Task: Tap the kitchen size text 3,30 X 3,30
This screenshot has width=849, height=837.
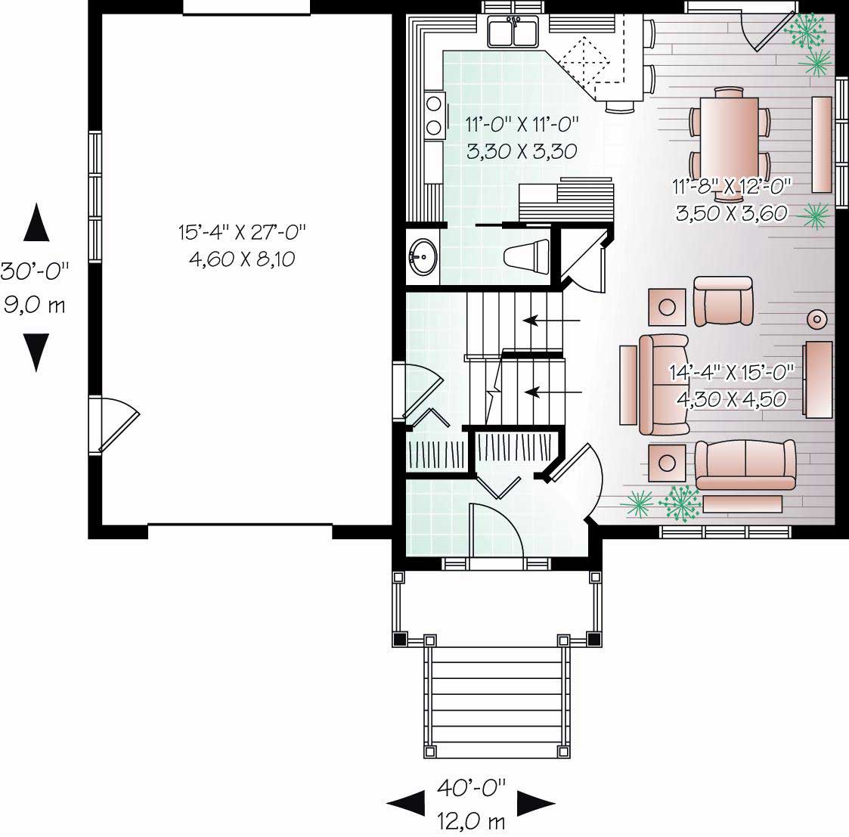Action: click(x=522, y=151)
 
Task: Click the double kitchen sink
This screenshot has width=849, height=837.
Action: click(x=513, y=33)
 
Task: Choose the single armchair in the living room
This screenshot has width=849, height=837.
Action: click(x=724, y=300)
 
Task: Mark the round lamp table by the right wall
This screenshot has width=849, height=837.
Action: click(x=816, y=319)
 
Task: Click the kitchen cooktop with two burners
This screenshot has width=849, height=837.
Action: click(x=435, y=115)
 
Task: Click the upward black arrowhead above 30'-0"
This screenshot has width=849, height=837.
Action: click(x=36, y=221)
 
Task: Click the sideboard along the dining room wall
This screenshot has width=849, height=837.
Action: click(x=821, y=144)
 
